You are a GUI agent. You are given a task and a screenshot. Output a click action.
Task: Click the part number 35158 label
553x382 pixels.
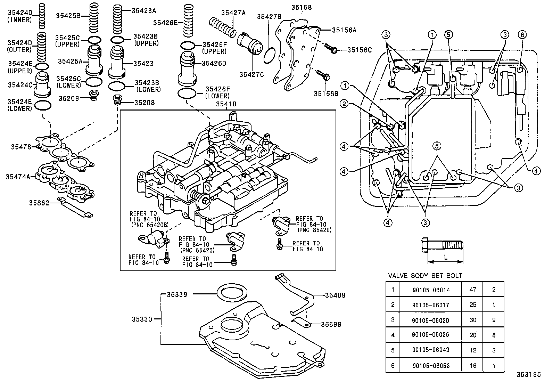[301, 7]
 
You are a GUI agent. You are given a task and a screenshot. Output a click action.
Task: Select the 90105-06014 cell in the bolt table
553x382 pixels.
[430, 290]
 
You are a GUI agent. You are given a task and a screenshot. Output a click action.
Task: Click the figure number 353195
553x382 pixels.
[529, 375]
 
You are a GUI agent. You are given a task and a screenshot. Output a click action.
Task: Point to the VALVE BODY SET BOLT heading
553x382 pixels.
[425, 276]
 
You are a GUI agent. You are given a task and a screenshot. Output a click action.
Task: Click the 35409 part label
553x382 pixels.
[335, 295]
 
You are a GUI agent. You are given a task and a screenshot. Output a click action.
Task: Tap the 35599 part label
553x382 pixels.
[331, 324]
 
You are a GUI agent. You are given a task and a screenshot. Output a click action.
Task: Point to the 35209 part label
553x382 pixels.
[69, 98]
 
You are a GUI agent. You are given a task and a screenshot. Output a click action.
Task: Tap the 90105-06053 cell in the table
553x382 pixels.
[430, 366]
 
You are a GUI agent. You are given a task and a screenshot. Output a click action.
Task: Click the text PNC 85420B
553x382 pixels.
[150, 225]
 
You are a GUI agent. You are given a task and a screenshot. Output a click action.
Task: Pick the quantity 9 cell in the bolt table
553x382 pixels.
[494, 320]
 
